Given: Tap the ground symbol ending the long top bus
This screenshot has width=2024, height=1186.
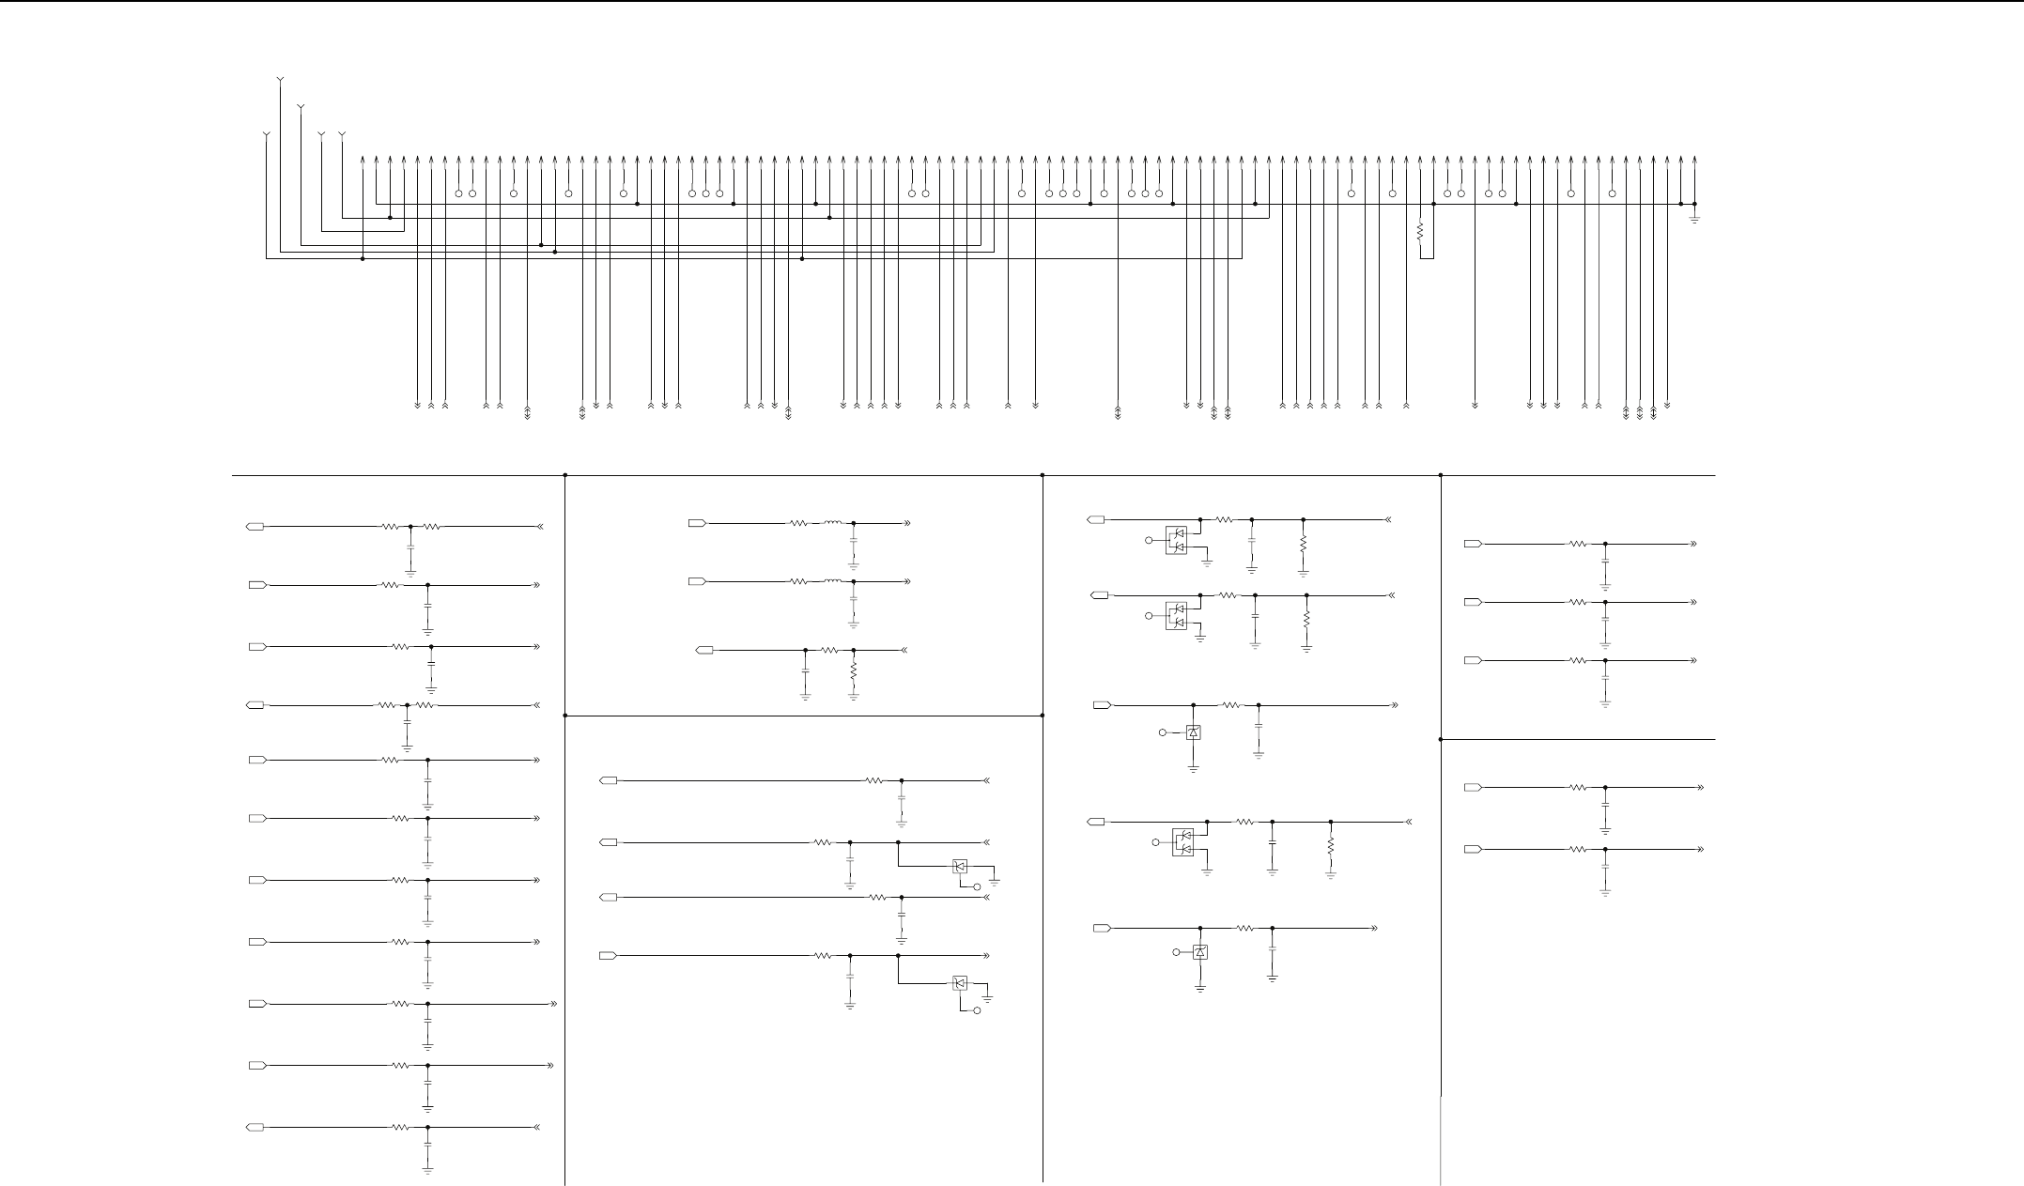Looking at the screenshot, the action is coord(1694,220).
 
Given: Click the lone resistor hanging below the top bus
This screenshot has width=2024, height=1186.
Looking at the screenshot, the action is coord(1420,230).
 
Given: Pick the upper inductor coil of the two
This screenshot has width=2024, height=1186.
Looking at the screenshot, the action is coord(832,522).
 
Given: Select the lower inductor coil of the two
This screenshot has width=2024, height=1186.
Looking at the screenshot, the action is coord(832,581).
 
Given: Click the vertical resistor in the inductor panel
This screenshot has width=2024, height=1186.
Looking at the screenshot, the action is coord(853,672).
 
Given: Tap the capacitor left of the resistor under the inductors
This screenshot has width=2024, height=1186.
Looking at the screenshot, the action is coord(805,671).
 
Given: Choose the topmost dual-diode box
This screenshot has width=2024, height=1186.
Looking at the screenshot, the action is coord(1176,539).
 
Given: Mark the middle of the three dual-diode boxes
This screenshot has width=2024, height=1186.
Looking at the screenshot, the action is coord(1176,615).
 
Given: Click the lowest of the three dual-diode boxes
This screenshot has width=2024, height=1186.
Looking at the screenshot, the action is coord(1183,842).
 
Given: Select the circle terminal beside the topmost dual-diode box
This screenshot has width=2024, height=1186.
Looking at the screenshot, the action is coord(1148,540).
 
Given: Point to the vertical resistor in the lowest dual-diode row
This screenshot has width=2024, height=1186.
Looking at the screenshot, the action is coord(1331,845).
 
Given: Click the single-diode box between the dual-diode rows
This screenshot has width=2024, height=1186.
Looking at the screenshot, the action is coord(1193,732).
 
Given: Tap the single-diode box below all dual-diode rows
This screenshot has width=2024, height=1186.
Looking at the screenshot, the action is coord(1199,952).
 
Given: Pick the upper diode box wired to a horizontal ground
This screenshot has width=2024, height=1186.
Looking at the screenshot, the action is coord(960,867).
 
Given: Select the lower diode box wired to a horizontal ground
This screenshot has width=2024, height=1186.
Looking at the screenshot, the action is coord(960,983).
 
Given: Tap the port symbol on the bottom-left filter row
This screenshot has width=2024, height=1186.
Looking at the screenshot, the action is coord(255,1127).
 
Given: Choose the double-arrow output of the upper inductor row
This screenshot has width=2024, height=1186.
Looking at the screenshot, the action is coord(907,522).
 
